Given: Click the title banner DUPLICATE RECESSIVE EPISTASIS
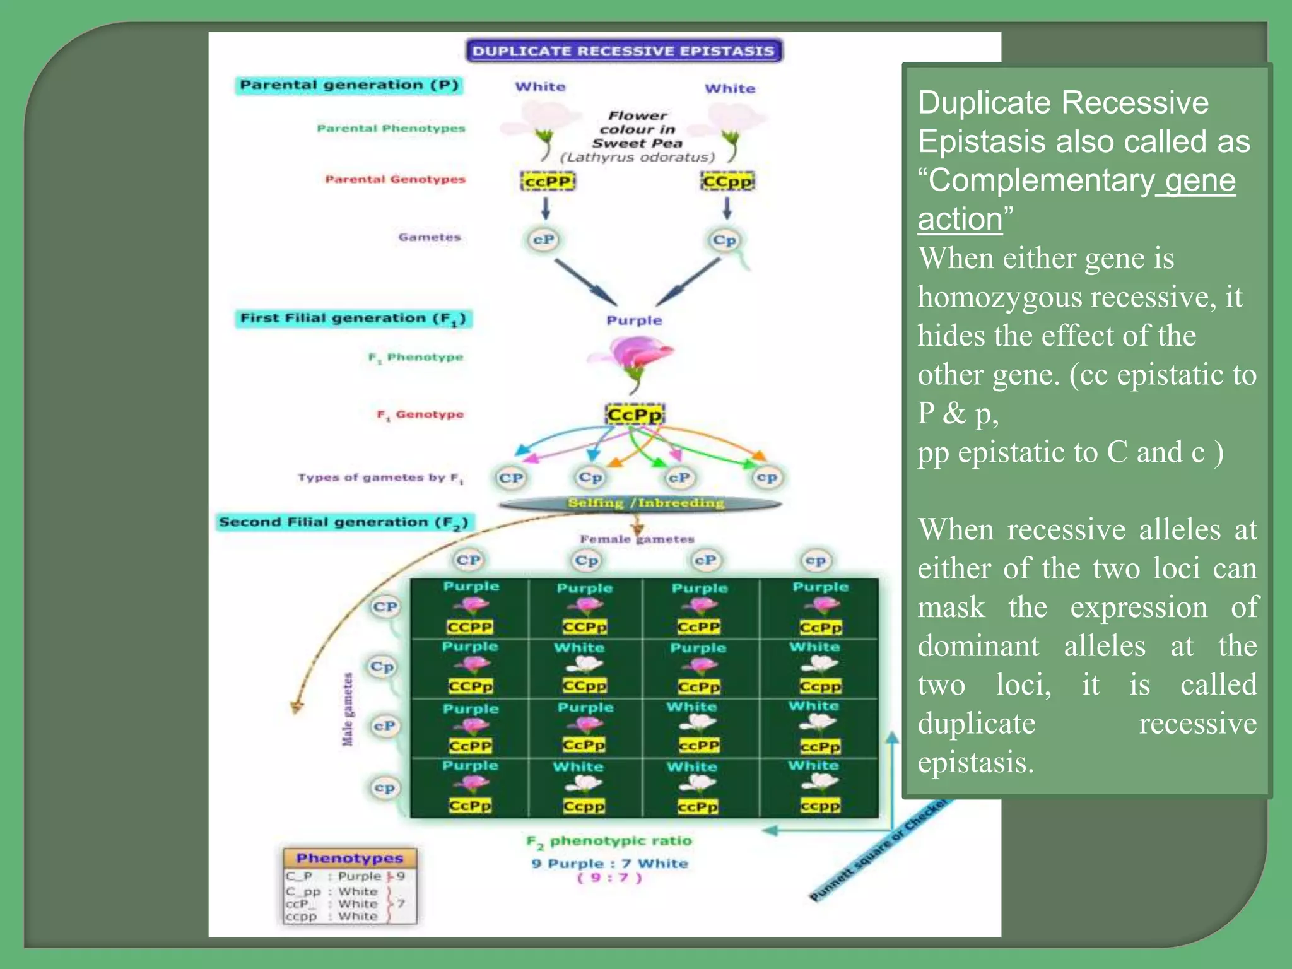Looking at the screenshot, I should tap(623, 51).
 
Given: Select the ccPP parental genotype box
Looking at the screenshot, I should tap(548, 182).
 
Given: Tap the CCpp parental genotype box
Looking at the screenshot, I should tap(727, 182).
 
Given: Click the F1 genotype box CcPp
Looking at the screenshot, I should tap(634, 415).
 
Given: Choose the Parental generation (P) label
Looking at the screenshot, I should tap(349, 85).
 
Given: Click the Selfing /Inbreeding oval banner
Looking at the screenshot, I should tap(640, 503).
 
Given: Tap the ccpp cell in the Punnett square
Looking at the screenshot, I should tap(819, 806).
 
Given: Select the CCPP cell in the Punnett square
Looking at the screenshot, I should tap(470, 626).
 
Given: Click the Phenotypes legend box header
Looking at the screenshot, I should tap(349, 858).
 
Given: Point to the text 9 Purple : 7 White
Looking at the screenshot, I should tap(609, 864).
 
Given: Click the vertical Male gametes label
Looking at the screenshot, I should tap(348, 710).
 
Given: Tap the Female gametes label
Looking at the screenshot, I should tap(637, 539).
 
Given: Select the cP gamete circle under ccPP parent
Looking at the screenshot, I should tap(543, 240).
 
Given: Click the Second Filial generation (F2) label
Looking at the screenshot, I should tap(344, 522).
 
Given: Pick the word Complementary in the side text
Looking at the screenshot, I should tap(1041, 181).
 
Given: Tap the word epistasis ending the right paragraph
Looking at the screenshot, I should tap(975, 763).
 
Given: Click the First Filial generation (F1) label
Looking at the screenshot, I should tap(353, 319).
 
